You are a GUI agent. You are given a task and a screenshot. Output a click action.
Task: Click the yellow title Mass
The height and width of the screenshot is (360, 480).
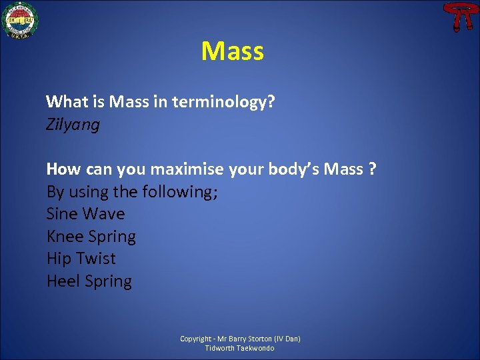[233, 51]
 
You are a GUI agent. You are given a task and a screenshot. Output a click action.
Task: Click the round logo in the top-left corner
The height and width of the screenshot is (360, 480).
[21, 20]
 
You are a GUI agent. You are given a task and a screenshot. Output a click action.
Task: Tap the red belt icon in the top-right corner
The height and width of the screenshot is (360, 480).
[457, 16]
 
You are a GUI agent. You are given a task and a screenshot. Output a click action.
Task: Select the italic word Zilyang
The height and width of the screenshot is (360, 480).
[73, 125]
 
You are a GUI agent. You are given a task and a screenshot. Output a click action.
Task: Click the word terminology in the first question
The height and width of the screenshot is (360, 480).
[224, 103]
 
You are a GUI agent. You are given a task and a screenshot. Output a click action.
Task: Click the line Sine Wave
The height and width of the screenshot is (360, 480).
[85, 214]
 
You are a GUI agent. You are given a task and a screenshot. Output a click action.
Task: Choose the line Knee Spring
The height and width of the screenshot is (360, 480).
[91, 237]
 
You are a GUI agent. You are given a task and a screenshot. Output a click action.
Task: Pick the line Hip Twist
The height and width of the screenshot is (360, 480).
[81, 259]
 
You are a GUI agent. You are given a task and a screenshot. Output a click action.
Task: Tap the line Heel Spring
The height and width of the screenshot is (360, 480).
[89, 281]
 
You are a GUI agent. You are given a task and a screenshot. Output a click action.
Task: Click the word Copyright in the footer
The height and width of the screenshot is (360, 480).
[195, 339]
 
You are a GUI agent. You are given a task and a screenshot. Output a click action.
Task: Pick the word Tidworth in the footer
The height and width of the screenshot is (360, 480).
[218, 348]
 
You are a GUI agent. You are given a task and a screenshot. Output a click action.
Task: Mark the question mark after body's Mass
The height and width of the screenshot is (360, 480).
[371, 169]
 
